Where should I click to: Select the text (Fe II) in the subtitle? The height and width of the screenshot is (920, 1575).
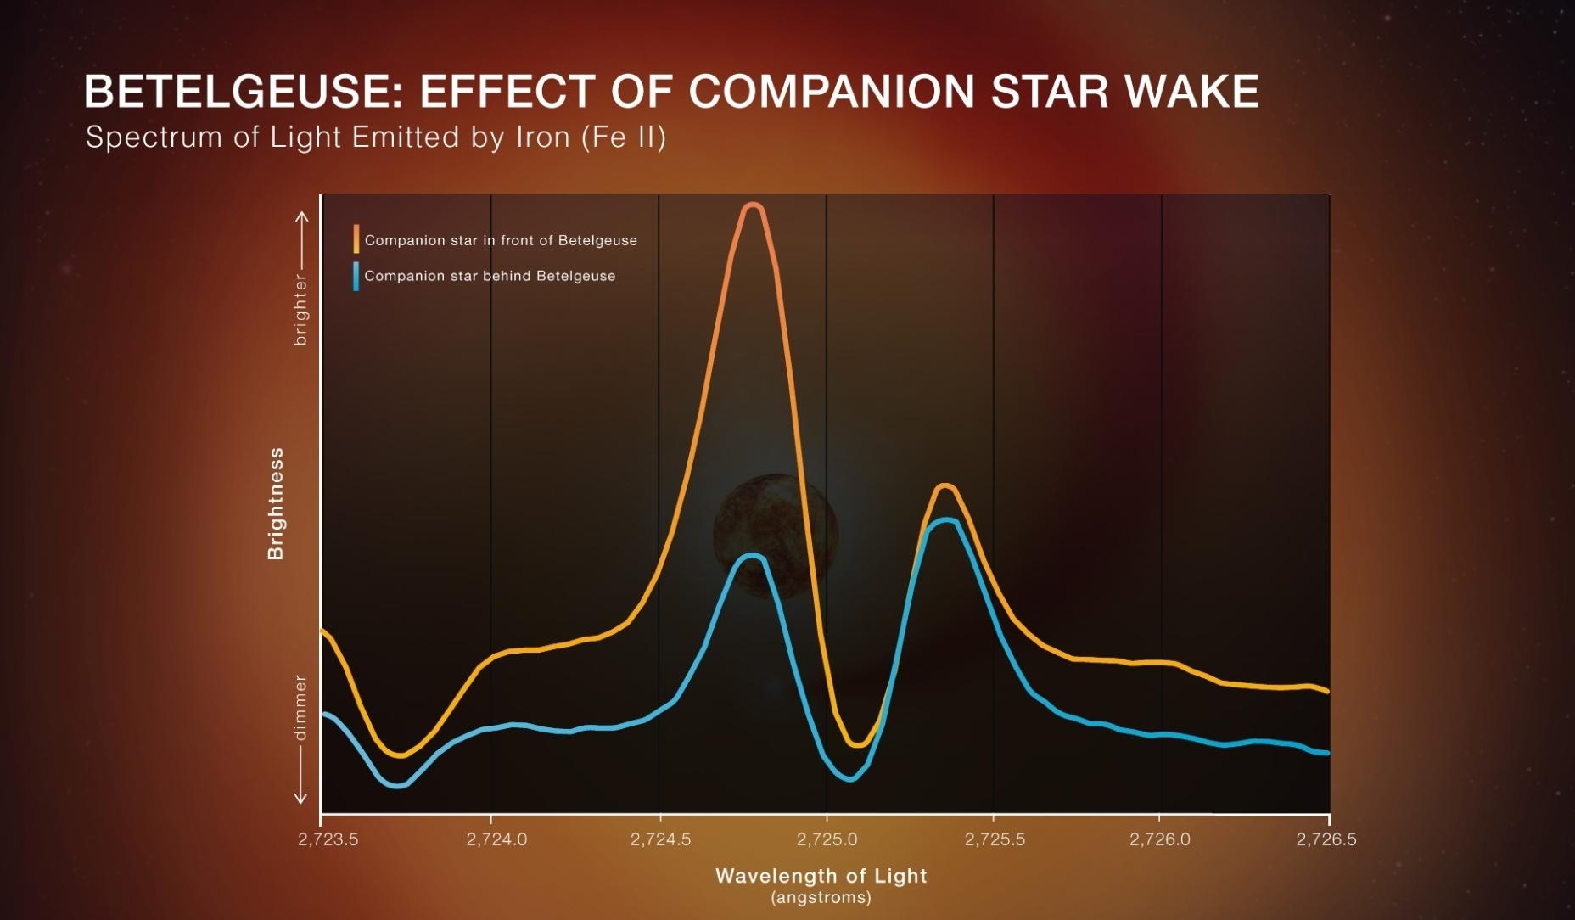pos(624,137)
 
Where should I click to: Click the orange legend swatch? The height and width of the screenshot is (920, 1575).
pos(356,239)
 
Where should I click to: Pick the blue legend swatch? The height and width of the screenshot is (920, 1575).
pos(356,276)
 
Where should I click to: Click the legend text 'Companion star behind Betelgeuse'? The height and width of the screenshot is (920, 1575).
pos(490,276)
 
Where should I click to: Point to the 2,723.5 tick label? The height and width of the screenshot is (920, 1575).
pos(328,839)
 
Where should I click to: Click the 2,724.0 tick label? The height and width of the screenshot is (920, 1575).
pos(496,839)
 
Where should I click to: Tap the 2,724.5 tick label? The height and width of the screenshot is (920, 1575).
pos(660,839)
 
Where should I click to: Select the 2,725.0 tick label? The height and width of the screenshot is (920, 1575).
pos(827,839)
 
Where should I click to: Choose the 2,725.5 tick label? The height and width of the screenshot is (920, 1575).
pos(995,839)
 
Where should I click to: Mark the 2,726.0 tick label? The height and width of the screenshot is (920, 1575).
pos(1160,839)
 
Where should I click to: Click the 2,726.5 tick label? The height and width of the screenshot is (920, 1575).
pos(1326,839)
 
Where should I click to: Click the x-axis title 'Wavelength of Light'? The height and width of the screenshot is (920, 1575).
pos(821,876)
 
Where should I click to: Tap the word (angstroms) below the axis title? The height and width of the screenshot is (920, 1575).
pos(821,897)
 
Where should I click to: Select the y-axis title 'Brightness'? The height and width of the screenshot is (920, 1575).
pos(276,503)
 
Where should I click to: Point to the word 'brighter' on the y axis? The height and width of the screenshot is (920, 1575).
pos(300,309)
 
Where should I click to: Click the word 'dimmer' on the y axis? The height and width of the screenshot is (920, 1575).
pos(300,707)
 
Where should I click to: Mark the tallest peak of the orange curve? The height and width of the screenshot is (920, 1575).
pos(752,205)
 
